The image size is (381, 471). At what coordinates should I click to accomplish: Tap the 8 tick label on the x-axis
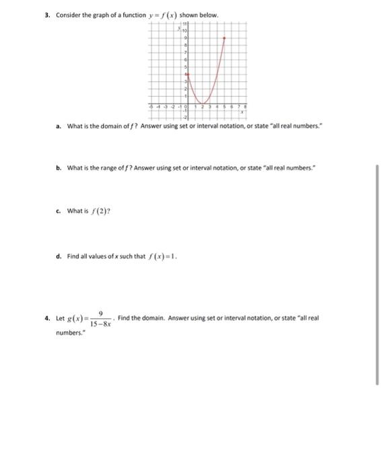point(246,107)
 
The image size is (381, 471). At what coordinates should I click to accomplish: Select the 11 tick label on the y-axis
point(182,24)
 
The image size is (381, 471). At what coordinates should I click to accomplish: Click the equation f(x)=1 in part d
point(161,256)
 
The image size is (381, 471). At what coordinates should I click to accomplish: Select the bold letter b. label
point(59,164)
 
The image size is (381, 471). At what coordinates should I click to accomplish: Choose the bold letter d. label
point(59,256)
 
